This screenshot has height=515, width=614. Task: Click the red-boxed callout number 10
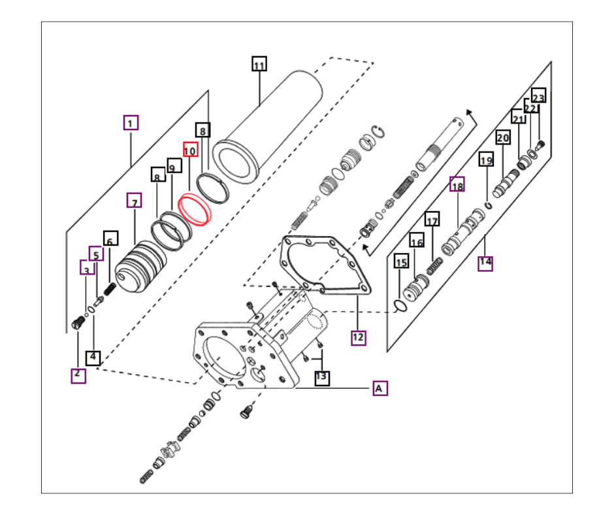pyautogui.click(x=190, y=149)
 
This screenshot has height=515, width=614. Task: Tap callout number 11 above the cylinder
pyautogui.click(x=259, y=64)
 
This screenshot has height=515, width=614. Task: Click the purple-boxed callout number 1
pyautogui.click(x=131, y=123)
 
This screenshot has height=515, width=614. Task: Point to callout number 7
pyautogui.click(x=135, y=200)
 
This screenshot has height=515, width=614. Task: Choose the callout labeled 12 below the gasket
pyautogui.click(x=359, y=337)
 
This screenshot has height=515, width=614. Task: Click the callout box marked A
pyautogui.click(x=380, y=388)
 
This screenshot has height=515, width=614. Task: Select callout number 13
pyautogui.click(x=322, y=378)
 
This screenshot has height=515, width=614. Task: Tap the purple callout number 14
pyautogui.click(x=485, y=263)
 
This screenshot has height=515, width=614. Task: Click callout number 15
pyautogui.click(x=401, y=261)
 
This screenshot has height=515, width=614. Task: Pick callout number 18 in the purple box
pyautogui.click(x=457, y=184)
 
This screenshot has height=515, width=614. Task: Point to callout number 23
pyautogui.click(x=538, y=96)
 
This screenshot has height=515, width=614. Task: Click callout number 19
pyautogui.click(x=487, y=159)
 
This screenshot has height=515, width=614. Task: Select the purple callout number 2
pyautogui.click(x=78, y=376)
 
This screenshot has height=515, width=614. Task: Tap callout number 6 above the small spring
pyautogui.click(x=111, y=239)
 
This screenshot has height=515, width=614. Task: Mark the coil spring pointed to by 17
pyautogui.click(x=434, y=267)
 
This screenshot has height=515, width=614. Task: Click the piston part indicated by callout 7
pyautogui.click(x=140, y=267)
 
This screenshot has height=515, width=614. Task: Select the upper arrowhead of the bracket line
pyautogui.click(x=470, y=112)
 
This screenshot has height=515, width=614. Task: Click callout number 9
pyautogui.click(x=174, y=166)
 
